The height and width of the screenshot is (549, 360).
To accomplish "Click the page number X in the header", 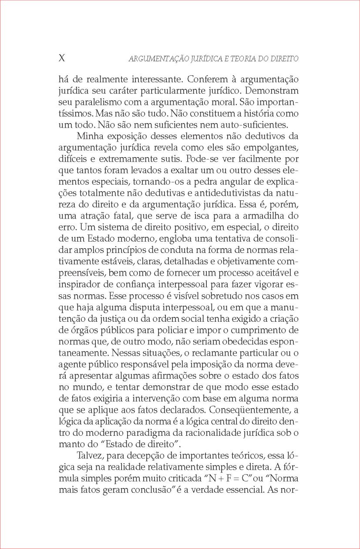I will (x=62, y=58).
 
